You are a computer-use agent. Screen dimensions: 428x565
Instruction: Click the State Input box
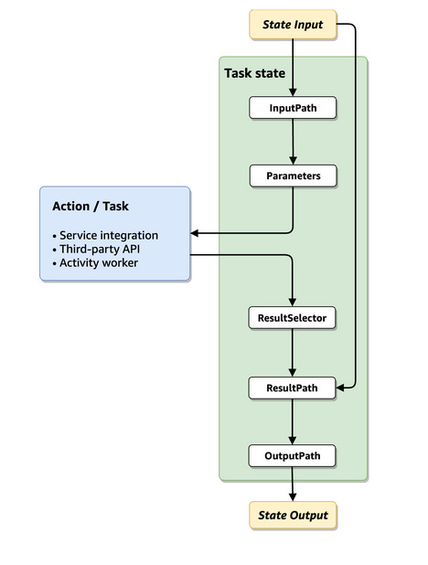(293, 25)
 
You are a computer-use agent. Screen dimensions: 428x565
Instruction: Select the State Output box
(293, 516)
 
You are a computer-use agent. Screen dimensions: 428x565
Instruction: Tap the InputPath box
(293, 108)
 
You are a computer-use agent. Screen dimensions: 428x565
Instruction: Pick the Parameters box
(294, 176)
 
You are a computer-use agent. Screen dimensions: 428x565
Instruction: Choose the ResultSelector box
(292, 318)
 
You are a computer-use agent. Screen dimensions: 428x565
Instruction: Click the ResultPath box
(292, 388)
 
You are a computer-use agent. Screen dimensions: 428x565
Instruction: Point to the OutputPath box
(292, 456)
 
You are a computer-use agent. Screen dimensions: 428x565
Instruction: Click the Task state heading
(254, 73)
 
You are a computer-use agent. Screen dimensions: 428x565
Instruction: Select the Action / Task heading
(91, 206)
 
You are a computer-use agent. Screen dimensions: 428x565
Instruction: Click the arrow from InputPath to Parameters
(293, 142)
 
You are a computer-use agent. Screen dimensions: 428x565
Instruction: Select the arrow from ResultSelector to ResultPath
(293, 353)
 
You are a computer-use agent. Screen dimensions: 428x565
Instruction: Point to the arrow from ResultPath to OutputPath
(293, 422)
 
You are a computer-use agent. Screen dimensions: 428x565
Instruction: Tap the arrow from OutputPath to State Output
(293, 484)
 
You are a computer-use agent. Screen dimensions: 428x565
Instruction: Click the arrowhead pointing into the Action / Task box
(195, 233)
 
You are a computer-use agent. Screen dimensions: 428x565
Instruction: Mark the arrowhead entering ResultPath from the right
(340, 388)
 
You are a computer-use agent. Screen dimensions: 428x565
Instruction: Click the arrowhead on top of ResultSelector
(293, 303)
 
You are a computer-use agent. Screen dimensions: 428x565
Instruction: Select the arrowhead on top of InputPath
(293, 92)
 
